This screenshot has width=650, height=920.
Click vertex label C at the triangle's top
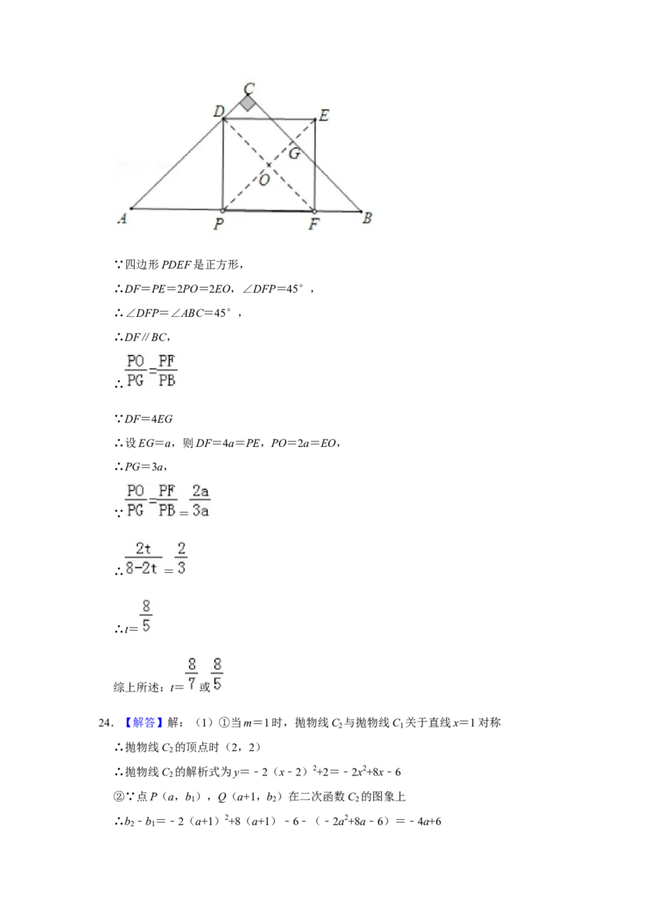(x=249, y=88)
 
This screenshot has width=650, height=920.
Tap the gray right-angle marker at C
(x=248, y=103)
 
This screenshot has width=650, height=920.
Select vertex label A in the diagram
(x=122, y=219)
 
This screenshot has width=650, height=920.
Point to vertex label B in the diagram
(x=367, y=218)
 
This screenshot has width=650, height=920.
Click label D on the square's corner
(x=219, y=111)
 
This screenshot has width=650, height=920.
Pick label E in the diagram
(x=323, y=115)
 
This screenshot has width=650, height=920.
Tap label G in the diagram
(x=294, y=153)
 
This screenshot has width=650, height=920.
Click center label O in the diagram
(x=264, y=180)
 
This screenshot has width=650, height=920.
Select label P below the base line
(x=219, y=223)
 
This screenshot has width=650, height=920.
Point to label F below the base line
(x=314, y=223)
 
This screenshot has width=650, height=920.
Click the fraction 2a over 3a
(x=201, y=501)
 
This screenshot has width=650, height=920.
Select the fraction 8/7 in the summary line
(x=192, y=674)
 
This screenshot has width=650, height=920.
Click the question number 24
(x=106, y=723)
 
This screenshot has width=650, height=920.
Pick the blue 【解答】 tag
(x=143, y=723)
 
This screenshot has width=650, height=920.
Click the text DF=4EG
(x=149, y=419)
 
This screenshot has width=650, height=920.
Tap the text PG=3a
(x=145, y=467)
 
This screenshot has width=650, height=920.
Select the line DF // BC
(x=147, y=337)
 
